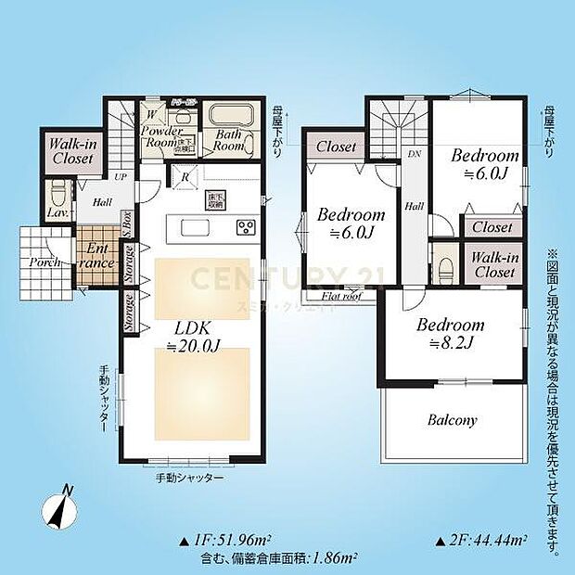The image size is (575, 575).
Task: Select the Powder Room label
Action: coord(160,137)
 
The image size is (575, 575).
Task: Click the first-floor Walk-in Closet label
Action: coord(70,151)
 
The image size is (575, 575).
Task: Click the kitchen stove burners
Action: coord(247,227)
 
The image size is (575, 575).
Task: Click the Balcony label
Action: coord(452,420)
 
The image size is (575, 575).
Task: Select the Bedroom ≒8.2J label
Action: coord(450,333)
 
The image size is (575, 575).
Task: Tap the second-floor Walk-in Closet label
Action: coord(493,265)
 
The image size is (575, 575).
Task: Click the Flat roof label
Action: coord(342,298)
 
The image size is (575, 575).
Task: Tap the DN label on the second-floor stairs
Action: coord(413,154)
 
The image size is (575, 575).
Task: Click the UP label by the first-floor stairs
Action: coord(121,175)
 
